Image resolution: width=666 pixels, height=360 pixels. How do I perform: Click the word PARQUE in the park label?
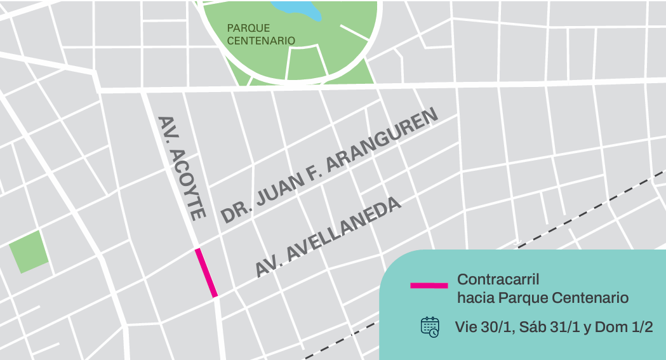(248, 29)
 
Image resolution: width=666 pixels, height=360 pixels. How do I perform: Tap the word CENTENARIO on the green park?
(261, 41)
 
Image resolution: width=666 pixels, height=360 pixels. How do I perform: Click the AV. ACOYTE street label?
(182, 168)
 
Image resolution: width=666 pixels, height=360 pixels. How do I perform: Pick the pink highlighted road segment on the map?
(207, 273)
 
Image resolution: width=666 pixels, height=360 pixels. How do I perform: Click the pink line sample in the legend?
(429, 286)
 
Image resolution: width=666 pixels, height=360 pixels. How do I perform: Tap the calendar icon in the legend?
(430, 327)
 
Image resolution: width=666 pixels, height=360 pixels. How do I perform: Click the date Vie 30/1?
(484, 328)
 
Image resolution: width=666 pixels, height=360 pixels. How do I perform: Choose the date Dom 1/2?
(624, 328)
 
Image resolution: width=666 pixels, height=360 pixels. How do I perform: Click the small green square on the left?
(28, 251)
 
